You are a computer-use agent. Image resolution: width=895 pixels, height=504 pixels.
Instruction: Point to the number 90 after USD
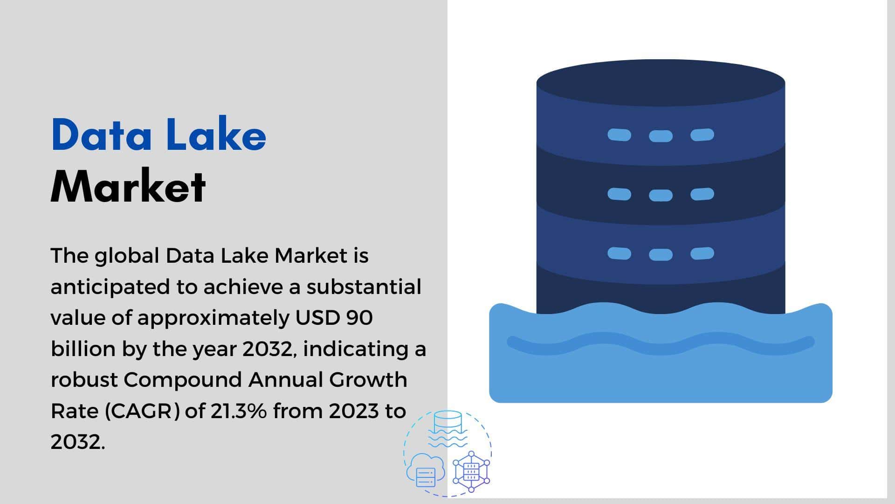(x=359, y=318)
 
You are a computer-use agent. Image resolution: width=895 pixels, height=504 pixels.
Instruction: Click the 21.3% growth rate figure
(x=239, y=411)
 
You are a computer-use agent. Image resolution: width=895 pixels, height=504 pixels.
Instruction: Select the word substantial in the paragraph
(x=364, y=287)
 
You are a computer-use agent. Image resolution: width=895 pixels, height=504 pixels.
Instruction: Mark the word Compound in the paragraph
(x=182, y=380)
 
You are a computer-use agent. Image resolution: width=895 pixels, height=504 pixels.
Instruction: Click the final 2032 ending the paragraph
(x=77, y=442)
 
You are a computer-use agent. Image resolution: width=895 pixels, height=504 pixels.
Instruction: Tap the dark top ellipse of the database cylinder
(x=661, y=83)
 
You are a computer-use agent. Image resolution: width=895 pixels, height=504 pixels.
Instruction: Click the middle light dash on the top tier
(x=661, y=136)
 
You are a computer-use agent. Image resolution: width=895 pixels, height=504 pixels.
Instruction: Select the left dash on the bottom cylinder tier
(x=619, y=253)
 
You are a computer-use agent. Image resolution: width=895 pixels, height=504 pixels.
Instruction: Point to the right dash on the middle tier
(x=702, y=194)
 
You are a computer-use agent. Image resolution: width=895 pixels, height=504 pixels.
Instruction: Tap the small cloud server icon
(x=426, y=470)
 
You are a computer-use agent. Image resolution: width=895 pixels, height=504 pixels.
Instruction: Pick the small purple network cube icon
(x=471, y=471)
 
